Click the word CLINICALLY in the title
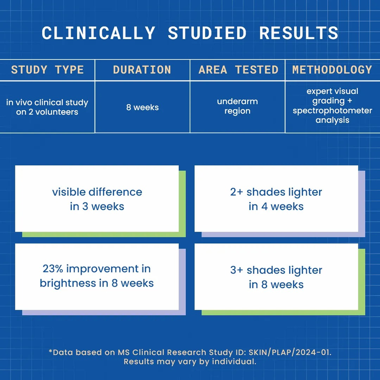[x=98, y=33]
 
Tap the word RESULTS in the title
[x=299, y=33]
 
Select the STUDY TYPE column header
[x=47, y=70]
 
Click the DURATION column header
[x=142, y=70]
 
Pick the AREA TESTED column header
[x=238, y=70]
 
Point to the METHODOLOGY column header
[x=332, y=70]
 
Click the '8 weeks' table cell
[x=142, y=107]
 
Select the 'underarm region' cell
[x=237, y=106]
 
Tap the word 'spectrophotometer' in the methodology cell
[x=332, y=110]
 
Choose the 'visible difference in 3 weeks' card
[x=97, y=198]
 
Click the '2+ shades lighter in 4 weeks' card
[x=276, y=198]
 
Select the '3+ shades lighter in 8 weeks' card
[x=276, y=277]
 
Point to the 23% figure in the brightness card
[x=53, y=269]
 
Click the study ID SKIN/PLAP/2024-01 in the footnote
[x=290, y=352]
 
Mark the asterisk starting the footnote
[x=51, y=350]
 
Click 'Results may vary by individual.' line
[x=190, y=362]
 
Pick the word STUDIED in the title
[x=207, y=33]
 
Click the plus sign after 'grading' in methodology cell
[x=350, y=101]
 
